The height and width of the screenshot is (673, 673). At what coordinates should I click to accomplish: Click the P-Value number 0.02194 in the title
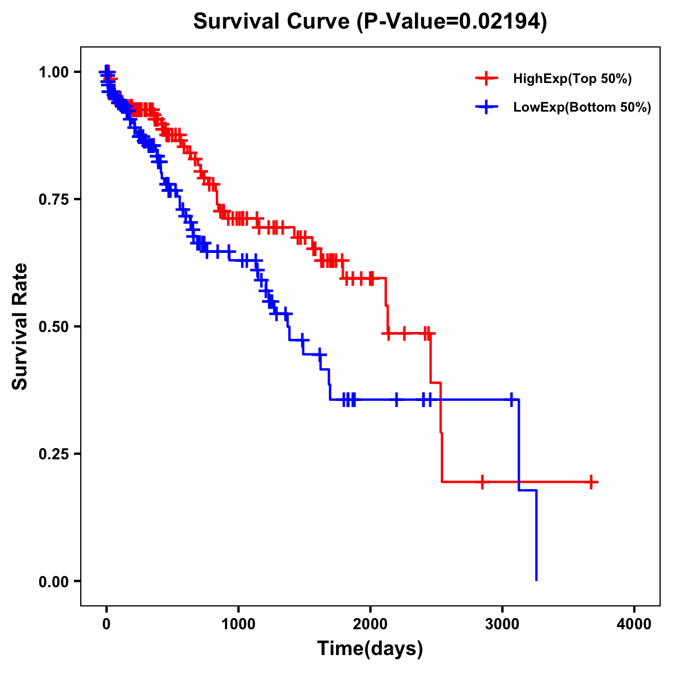pyautogui.click(x=500, y=22)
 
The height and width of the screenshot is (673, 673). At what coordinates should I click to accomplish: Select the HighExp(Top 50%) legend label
pyautogui.click(x=572, y=79)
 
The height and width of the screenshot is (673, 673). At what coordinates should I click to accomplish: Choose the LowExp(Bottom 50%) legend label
pyautogui.click(x=582, y=108)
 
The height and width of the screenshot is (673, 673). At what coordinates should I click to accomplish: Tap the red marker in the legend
pyautogui.click(x=486, y=79)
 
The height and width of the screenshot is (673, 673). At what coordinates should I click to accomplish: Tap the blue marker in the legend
pyautogui.click(x=486, y=107)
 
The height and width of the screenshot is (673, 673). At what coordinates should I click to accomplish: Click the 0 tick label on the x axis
pyautogui.click(x=107, y=624)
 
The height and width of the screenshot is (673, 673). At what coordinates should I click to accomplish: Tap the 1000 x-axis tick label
pyautogui.click(x=238, y=624)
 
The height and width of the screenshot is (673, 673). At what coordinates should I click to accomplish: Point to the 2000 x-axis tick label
pyautogui.click(x=370, y=624)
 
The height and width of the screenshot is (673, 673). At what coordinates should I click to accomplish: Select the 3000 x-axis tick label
pyautogui.click(x=503, y=624)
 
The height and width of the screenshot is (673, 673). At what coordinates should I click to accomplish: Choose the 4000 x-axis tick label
pyautogui.click(x=634, y=624)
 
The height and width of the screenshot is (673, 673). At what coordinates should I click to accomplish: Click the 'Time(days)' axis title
pyautogui.click(x=370, y=648)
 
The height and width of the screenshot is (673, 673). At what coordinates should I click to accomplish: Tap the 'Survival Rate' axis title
pyautogui.click(x=20, y=326)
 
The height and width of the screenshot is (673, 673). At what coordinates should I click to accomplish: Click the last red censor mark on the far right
pyautogui.click(x=591, y=482)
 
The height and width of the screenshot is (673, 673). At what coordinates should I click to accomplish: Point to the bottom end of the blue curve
pyautogui.click(x=537, y=579)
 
